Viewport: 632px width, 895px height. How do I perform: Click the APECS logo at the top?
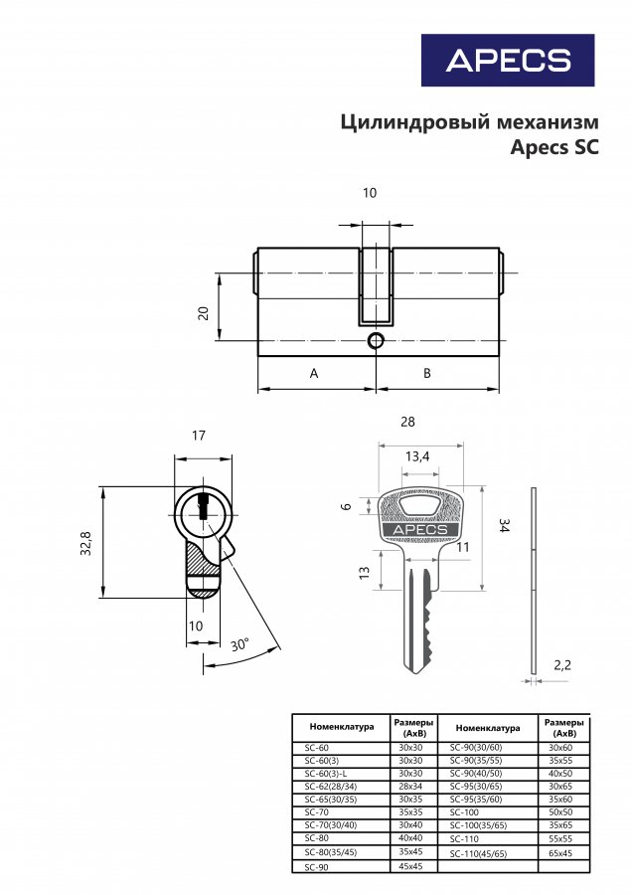pyautogui.click(x=507, y=60)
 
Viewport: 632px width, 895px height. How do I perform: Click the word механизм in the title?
pyautogui.click(x=550, y=122)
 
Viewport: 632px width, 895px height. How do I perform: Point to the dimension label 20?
pyautogui.click(x=203, y=312)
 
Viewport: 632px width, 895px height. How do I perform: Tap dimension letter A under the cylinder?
pyautogui.click(x=314, y=374)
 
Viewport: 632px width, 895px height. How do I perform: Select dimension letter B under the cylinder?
pyautogui.click(x=426, y=374)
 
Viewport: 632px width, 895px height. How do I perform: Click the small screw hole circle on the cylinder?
pyautogui.click(x=375, y=342)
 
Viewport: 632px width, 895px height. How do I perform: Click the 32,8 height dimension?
pyautogui.click(x=86, y=543)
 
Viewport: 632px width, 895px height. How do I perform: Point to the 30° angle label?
pyautogui.click(x=238, y=644)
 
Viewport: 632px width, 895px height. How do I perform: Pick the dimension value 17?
pyautogui.click(x=199, y=436)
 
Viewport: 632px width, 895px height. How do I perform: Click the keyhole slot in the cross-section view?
pyautogui.click(x=205, y=507)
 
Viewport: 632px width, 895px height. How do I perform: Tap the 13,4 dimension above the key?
pyautogui.click(x=417, y=456)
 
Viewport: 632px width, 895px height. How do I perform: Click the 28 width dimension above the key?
pyautogui.click(x=407, y=422)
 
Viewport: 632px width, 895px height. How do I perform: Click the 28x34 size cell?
pyautogui.click(x=410, y=786)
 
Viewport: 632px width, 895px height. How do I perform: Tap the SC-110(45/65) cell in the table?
pyautogui.click(x=478, y=853)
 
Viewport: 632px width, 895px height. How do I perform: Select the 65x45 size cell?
pyautogui.click(x=561, y=853)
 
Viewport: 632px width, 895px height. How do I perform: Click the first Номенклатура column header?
pyautogui.click(x=341, y=727)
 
